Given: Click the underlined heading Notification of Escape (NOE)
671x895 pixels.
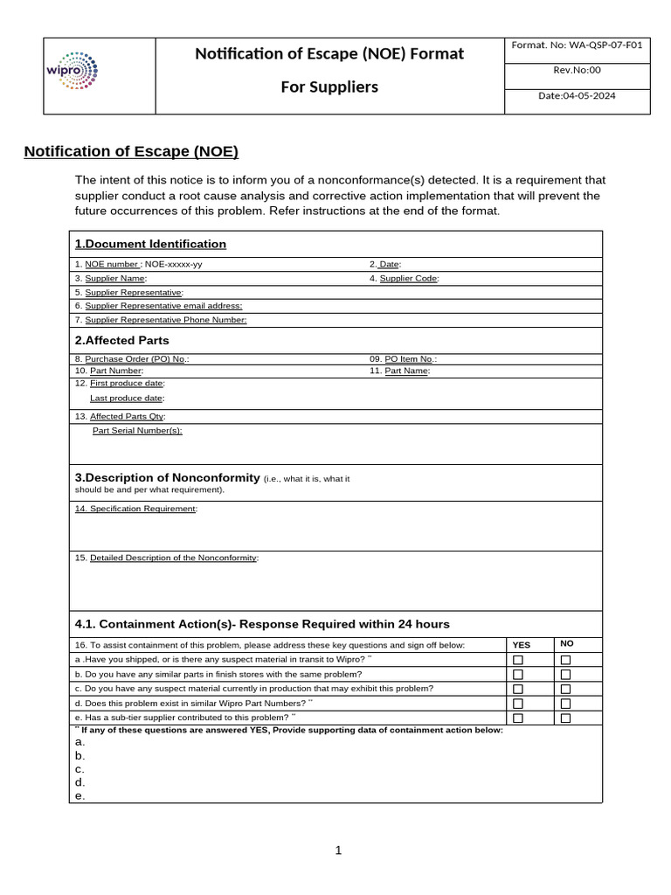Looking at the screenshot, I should (x=131, y=151).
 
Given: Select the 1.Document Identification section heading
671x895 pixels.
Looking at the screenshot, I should (x=150, y=244).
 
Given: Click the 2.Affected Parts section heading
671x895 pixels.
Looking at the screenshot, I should (x=122, y=340).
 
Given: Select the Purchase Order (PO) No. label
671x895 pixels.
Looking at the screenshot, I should (x=132, y=358).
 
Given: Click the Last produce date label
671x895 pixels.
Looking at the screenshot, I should (x=127, y=398).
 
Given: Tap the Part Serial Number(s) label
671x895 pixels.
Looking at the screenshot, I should (x=137, y=430).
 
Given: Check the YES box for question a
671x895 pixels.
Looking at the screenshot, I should (x=518, y=660).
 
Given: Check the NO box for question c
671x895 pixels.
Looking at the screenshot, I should (x=565, y=689).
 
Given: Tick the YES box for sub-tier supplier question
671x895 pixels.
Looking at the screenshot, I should (x=518, y=718).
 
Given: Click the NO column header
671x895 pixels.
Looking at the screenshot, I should (x=567, y=643).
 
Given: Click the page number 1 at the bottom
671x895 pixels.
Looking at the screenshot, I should (x=338, y=850).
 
